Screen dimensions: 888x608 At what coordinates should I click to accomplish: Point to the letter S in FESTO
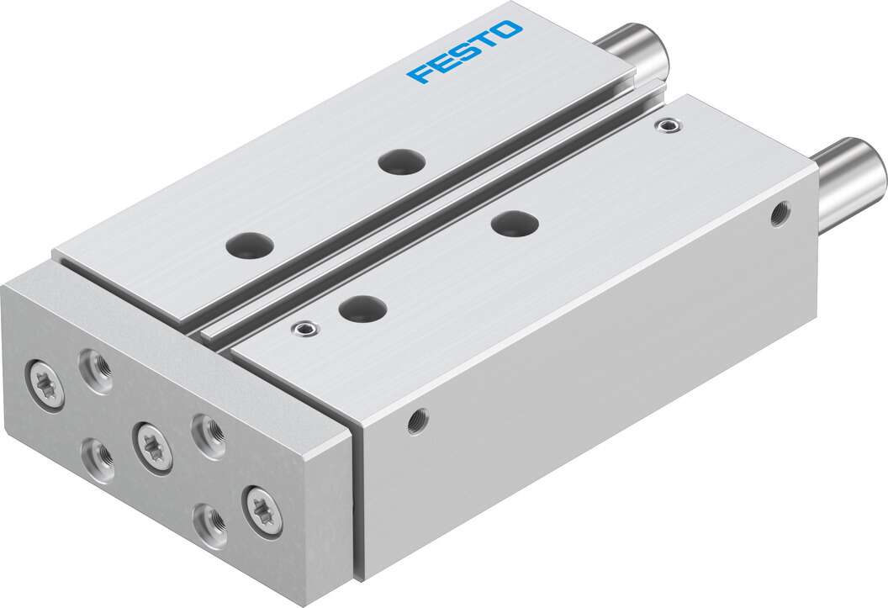(x=462, y=52)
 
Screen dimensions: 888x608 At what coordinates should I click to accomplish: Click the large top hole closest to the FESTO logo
(x=402, y=162)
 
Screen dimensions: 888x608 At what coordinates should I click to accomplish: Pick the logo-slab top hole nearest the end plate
(x=250, y=246)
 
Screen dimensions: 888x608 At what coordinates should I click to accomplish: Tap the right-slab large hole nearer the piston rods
(x=515, y=224)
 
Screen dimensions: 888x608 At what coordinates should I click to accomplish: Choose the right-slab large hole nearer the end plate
(x=363, y=309)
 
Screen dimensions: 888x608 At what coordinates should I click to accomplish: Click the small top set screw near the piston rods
(x=669, y=125)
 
